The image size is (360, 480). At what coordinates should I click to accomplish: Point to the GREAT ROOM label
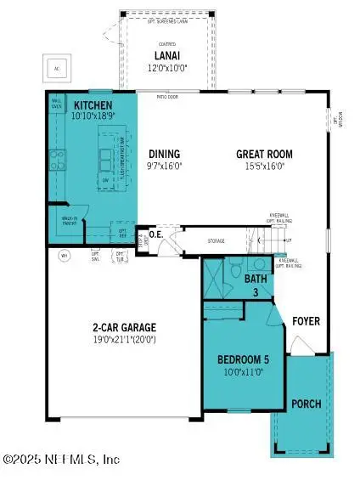tap(267, 155)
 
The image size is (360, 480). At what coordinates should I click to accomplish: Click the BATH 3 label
tap(256, 283)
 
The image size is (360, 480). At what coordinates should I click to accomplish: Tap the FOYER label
tap(307, 321)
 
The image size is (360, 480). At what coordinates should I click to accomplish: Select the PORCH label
tap(306, 404)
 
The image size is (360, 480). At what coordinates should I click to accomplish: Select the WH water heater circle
tap(63, 254)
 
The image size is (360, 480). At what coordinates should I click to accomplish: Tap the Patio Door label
tap(158, 96)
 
